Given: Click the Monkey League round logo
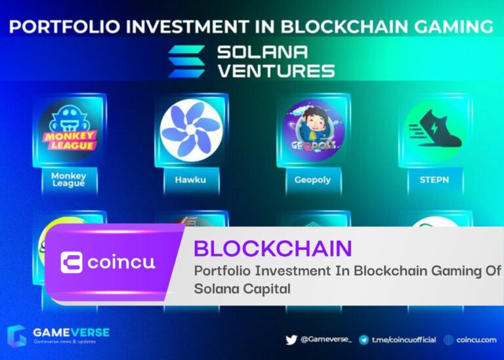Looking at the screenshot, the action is point(70,130).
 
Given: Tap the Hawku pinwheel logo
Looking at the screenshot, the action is point(192,130).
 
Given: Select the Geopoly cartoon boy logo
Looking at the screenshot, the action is point(314,130).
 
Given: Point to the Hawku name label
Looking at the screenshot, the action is point(190,180).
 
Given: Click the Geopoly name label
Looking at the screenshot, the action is point(312,180).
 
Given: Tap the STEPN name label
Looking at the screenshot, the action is point(434,180).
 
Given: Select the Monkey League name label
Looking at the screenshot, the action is point(68,180).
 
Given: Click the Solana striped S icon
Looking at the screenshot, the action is point(186,62).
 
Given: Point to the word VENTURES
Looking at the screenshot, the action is point(276,71).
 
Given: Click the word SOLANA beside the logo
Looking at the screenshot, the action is point(262,52).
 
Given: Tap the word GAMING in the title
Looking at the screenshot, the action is point(453,26).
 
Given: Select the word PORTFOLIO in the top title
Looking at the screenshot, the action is point(64,27).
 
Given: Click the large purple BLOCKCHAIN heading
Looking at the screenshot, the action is point(273,249).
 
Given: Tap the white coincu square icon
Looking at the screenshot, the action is point(72,262).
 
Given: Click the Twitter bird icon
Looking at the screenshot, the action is point(291,340).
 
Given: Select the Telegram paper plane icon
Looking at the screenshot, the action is point(364,340).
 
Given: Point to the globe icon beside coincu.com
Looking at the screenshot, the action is point(448,340).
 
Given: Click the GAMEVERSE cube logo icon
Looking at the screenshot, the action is point(16,336).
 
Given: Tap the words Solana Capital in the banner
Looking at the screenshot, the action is point(242,289).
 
